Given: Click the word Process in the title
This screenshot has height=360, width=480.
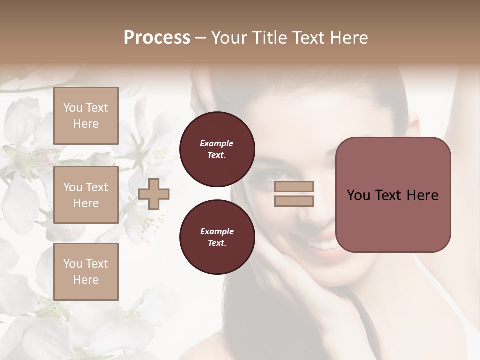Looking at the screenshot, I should click(x=157, y=38).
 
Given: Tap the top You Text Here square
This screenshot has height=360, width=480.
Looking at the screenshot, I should click(x=86, y=116).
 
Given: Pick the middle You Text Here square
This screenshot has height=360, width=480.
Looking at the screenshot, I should click(x=86, y=195).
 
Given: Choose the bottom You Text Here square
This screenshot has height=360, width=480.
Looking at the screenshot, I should click(x=86, y=271).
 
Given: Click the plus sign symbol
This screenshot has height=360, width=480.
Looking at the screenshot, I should click(x=154, y=194).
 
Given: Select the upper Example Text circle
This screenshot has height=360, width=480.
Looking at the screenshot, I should click(x=217, y=149).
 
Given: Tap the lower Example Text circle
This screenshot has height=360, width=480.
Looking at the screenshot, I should click(x=217, y=237).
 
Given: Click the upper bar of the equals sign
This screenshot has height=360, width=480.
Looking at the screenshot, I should click(x=294, y=187).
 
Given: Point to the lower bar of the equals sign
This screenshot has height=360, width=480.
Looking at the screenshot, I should click(x=294, y=201).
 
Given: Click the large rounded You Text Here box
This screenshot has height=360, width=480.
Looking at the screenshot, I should click(x=393, y=194).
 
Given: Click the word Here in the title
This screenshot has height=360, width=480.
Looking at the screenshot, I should click(x=349, y=38).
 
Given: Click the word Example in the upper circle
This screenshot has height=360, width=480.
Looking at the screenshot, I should click(x=216, y=143).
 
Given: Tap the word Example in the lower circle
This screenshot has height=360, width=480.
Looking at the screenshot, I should click(x=217, y=231).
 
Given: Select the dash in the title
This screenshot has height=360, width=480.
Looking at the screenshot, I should click(x=201, y=38).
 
